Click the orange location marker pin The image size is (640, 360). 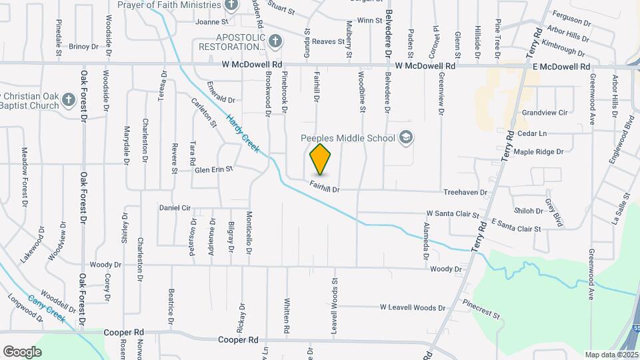[320, 159]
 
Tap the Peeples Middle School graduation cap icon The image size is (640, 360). [405, 138]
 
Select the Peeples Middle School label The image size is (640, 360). [348, 139]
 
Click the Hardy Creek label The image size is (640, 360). [243, 131]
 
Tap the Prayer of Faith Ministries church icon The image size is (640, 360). [231, 5]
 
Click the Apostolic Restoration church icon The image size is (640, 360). [273, 42]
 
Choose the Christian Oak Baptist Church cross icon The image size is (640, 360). [68, 100]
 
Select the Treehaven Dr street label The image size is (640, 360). [465, 193]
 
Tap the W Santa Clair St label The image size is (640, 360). [453, 214]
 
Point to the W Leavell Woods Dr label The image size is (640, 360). [412, 307]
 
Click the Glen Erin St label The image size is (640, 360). [213, 170]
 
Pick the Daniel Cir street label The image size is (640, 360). [175, 208]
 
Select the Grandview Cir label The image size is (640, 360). [545, 113]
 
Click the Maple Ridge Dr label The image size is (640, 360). [539, 152]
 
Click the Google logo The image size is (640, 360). [22, 351]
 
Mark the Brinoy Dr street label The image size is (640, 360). [83, 47]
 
